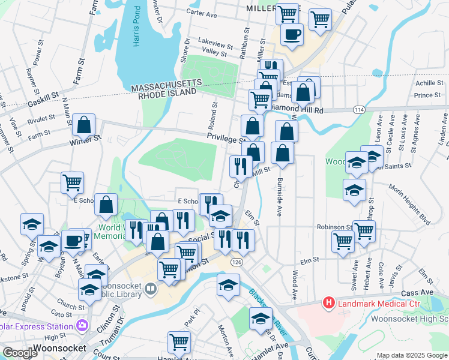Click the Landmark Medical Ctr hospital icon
tap(328, 304)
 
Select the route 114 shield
tap(358, 110)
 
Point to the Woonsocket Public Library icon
tap(150, 289)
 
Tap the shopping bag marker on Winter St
tap(84, 126)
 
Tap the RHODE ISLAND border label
tap(167, 94)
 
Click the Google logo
tap(20, 353)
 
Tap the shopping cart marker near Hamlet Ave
tap(179, 343)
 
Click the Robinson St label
tap(334, 228)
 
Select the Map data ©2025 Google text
tap(411, 355)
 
